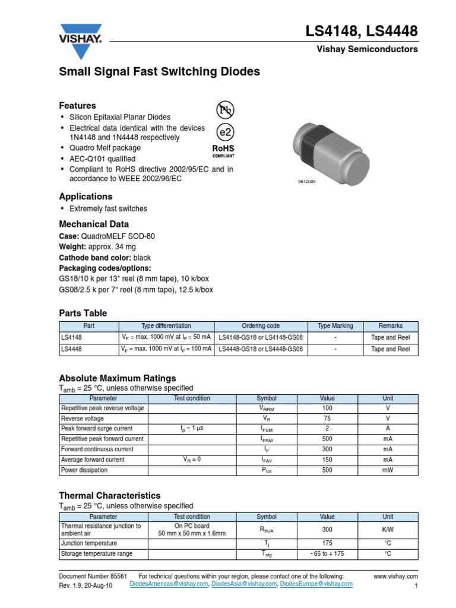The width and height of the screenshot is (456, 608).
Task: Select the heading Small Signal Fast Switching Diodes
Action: coord(159,72)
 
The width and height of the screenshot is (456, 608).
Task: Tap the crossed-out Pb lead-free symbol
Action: coord(224,110)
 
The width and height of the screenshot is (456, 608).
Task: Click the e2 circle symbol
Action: coord(224,132)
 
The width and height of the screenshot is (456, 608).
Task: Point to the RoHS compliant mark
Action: coord(223,150)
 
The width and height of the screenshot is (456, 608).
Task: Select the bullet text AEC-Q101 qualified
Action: coord(102,159)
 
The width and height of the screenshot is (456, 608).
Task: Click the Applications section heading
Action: coord(85,197)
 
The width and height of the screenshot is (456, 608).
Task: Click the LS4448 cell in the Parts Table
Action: coord(71,349)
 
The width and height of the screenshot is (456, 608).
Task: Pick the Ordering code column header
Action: coord(261,326)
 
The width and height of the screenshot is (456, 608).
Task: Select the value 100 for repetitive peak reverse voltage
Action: coord(327,408)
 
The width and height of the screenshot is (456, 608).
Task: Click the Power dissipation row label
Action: coord(84,470)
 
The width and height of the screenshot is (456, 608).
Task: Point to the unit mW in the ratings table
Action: coord(388,470)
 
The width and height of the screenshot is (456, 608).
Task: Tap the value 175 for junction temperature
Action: coord(327,543)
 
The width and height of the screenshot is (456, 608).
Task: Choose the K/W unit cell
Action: coord(388,530)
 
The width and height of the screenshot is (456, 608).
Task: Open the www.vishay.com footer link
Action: coord(395,577)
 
